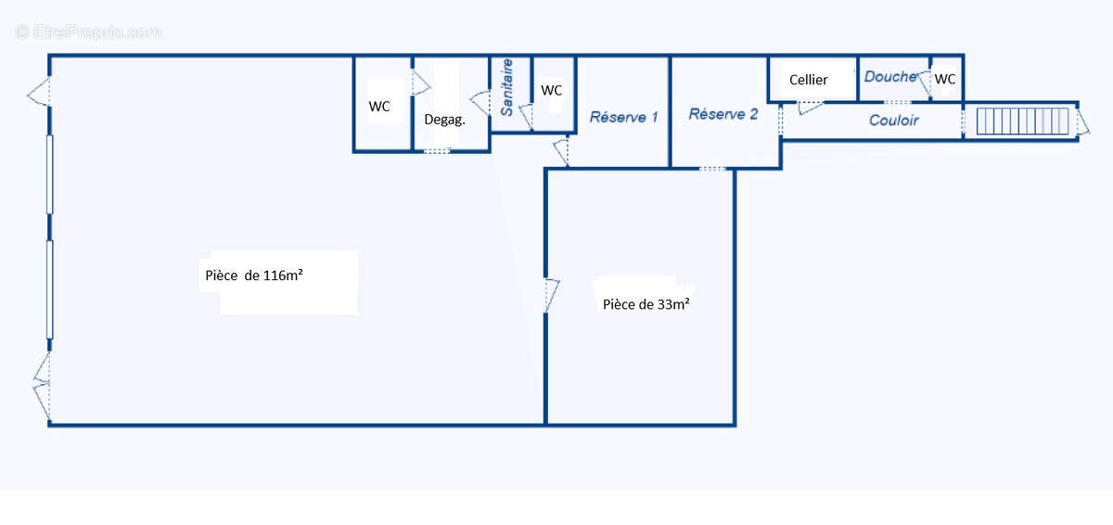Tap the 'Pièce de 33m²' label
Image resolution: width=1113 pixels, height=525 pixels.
pos(646,303)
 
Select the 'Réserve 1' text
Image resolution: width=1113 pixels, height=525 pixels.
pos(623,118)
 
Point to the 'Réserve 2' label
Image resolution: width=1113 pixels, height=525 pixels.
pos(723,114)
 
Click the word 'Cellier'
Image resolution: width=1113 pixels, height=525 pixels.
pos(809,80)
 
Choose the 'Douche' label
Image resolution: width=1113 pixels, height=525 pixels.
pos(889,77)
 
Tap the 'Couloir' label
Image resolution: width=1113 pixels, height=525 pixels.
pos(893,121)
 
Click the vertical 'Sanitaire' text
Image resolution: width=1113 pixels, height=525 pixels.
pos(507,87)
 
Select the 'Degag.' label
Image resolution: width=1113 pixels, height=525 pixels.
pos(443,120)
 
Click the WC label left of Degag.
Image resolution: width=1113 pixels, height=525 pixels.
pos(379,107)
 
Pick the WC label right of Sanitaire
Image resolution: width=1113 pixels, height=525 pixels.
pos(552,90)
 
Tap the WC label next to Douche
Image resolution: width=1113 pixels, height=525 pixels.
pos(945,80)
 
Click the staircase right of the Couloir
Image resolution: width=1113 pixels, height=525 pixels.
pos(1018,122)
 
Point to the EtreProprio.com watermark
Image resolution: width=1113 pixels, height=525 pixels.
pos(89,32)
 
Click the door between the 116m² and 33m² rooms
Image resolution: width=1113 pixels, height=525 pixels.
pos(551,294)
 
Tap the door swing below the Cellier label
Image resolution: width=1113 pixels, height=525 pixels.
pos(810,108)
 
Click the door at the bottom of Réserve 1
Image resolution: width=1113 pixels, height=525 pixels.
pos(561,152)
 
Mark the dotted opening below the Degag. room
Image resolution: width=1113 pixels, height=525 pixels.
pos(437,150)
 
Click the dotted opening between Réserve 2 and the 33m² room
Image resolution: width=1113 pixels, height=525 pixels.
pos(712,169)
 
